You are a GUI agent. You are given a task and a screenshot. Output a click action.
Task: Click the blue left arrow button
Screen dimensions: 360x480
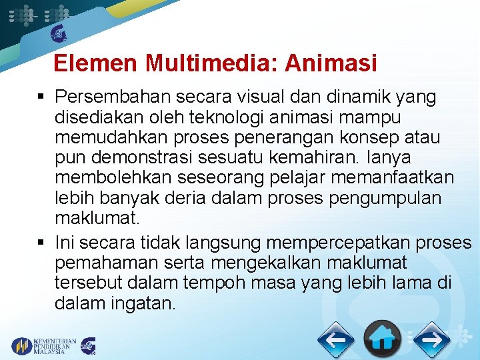tap(335, 340)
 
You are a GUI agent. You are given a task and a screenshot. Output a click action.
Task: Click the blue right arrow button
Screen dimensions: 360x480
tap(431, 340)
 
